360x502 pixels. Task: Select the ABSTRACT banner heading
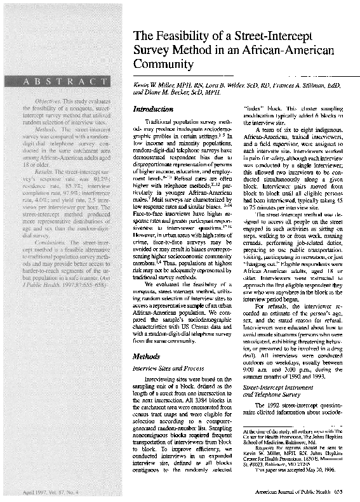pyautogui.click(x=65, y=81)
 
